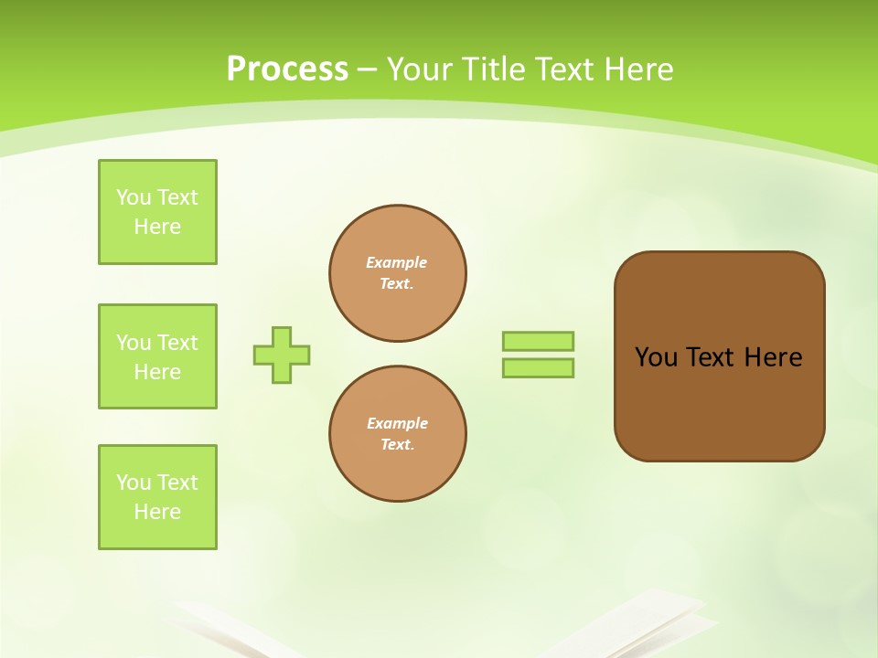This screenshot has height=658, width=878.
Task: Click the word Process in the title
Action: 287,69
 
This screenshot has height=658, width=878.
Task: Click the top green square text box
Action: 157,212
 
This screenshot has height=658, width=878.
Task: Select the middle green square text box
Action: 157,356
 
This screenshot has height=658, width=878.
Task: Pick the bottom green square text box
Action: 157,497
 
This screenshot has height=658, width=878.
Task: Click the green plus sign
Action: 282,355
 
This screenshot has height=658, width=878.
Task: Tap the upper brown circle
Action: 398,273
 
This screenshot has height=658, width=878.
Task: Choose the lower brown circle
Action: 398,434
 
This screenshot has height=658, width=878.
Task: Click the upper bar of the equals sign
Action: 538,341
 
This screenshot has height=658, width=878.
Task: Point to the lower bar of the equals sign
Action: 538,367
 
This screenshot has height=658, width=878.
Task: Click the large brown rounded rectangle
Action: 719,402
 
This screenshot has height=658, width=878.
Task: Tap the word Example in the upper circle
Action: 396,262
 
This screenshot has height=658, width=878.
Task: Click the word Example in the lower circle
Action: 397,423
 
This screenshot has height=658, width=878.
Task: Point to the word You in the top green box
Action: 134,197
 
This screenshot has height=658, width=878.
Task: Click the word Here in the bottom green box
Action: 157,512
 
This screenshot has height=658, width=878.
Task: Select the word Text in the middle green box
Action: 177,343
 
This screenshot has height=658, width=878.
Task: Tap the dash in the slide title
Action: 368,69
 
